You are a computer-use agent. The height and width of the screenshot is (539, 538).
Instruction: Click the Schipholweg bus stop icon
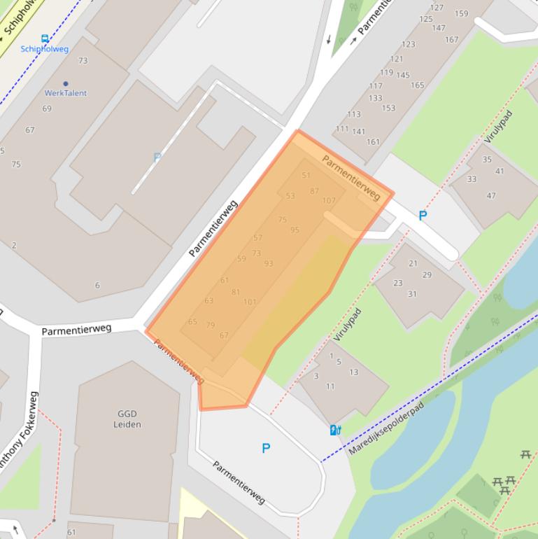[45, 38]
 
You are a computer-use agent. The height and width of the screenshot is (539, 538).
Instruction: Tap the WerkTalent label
[66, 93]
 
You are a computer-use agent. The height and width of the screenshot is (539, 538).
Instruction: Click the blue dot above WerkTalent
[66, 84]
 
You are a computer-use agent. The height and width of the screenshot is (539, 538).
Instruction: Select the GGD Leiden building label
[127, 419]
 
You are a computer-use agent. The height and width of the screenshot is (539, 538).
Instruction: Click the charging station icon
[335, 430]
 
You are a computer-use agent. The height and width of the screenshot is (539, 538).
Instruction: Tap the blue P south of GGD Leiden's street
[266, 448]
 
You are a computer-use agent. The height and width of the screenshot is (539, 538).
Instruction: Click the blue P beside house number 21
[423, 216]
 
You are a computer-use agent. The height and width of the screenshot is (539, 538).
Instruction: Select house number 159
[461, 14]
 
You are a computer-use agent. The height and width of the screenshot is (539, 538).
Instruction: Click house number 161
[374, 142]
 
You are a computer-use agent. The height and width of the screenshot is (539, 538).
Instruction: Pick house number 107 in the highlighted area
[329, 201]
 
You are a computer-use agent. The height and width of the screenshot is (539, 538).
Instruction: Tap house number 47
[491, 196]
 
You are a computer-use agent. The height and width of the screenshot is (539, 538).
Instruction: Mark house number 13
[354, 372]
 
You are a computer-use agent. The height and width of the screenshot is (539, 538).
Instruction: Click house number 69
[47, 109]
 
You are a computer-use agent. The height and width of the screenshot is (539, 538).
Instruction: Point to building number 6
[97, 286]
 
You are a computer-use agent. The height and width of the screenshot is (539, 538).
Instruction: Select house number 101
[250, 302]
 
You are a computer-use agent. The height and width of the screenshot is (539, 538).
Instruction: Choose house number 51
[306, 176]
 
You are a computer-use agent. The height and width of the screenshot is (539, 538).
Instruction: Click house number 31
[413, 294]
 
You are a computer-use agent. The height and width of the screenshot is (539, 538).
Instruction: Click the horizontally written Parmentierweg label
[76, 330]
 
